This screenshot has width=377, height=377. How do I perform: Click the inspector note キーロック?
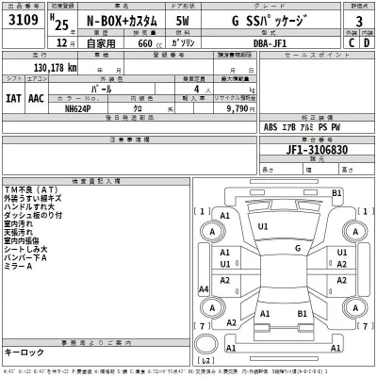pyautogui.click(x=24, y=351)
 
